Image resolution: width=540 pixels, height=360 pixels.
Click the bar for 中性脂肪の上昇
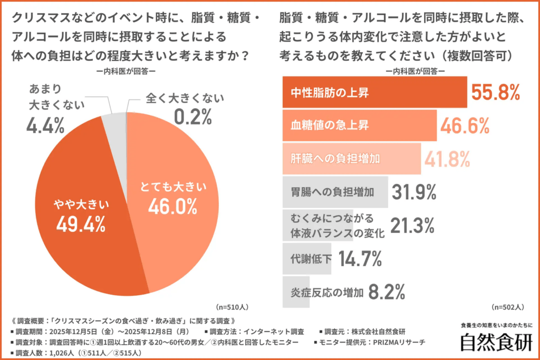pos(374,92)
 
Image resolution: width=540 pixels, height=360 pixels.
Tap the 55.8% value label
pos(495,93)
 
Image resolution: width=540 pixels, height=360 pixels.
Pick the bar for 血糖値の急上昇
pos(360,125)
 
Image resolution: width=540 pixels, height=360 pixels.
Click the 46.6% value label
pos(465,126)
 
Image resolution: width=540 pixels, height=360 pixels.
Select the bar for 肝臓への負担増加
pos(352,158)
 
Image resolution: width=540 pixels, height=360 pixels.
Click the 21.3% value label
pos(412,225)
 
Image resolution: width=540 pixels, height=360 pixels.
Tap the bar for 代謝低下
pos(307,258)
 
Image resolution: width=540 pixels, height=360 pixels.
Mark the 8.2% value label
pos(387,291)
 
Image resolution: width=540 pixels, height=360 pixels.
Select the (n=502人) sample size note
pos(507,306)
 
